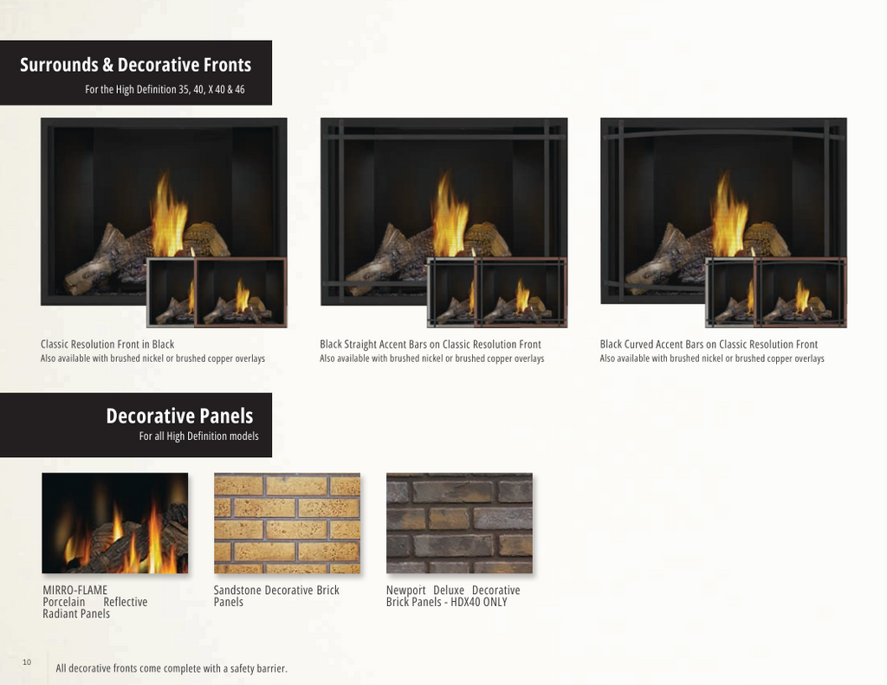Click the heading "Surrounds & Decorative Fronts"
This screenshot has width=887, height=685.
(x=136, y=64)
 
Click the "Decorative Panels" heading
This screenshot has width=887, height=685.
(x=180, y=417)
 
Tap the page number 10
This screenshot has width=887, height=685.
(x=27, y=662)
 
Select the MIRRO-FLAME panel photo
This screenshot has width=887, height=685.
(x=115, y=523)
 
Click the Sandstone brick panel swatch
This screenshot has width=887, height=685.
(x=287, y=523)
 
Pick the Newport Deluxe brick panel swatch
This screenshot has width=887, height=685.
(x=459, y=523)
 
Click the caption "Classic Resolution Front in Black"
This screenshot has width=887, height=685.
(x=107, y=345)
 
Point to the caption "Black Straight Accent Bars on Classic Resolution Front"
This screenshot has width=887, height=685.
(x=431, y=345)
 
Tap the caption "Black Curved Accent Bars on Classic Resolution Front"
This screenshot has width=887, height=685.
(x=709, y=345)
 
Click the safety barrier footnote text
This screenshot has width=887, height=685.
(x=172, y=669)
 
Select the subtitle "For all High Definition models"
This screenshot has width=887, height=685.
(x=198, y=436)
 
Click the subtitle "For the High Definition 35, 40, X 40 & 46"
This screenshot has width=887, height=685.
(x=165, y=89)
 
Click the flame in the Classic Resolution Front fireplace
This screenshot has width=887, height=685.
(x=169, y=215)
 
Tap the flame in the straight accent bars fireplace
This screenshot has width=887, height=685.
(x=450, y=215)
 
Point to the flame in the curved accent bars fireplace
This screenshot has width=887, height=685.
(x=729, y=215)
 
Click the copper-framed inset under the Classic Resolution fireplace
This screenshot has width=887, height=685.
(x=241, y=293)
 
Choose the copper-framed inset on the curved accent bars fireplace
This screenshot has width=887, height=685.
(x=800, y=293)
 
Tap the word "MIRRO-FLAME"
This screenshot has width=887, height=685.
(x=74, y=590)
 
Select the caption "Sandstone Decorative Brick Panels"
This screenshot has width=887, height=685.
(x=276, y=596)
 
